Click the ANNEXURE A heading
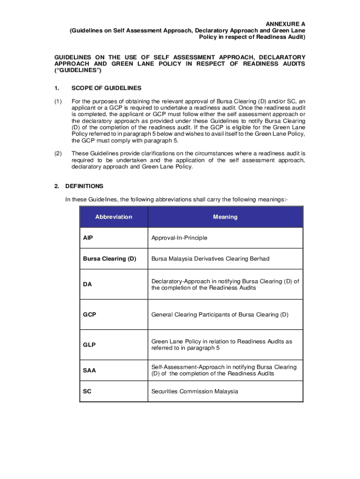[x=286, y=24]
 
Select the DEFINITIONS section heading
[x=84, y=186]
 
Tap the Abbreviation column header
[x=114, y=217]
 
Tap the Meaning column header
[x=225, y=217]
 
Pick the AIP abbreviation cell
[x=88, y=238]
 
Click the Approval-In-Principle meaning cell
[x=179, y=238]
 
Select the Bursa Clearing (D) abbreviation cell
[x=109, y=259]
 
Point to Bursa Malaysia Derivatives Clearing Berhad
[x=210, y=259]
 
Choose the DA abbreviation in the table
[x=87, y=284]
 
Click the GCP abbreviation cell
[x=89, y=314]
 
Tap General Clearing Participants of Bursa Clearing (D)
[x=220, y=314]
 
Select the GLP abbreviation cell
[x=89, y=345]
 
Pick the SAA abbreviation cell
[x=89, y=370]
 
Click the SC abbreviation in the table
[x=87, y=391]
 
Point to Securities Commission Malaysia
[x=194, y=391]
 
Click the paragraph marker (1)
[x=58, y=102]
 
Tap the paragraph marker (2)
[x=58, y=153]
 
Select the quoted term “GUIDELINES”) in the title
[x=78, y=70]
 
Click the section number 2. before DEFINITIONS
[x=57, y=186]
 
